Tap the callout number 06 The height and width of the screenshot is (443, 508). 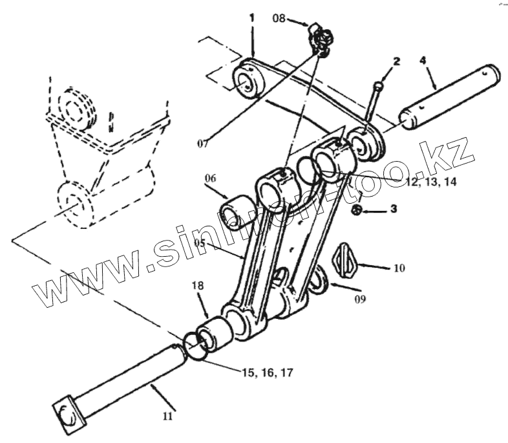click(x=213, y=179)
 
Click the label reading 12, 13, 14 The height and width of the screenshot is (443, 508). click(x=430, y=182)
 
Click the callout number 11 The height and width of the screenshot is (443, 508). click(x=168, y=416)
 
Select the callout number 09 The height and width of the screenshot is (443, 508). click(x=360, y=299)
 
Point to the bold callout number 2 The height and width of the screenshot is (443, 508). click(x=396, y=62)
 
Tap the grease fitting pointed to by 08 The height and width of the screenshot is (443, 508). click(x=319, y=39)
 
